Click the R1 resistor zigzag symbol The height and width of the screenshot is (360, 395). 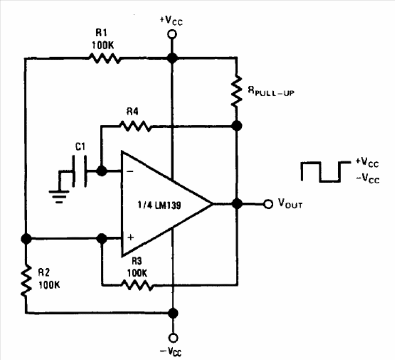[105, 58]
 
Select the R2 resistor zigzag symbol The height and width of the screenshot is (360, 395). [26, 280]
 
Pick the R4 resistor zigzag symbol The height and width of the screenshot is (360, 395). [136, 126]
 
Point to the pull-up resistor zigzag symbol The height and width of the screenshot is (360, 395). [236, 91]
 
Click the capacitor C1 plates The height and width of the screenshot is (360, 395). [80, 171]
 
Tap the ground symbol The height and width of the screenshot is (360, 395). [59, 197]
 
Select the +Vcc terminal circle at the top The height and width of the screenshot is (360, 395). [172, 34]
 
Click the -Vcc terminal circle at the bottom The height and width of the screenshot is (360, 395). [173, 338]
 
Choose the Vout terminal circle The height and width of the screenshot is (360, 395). [268, 204]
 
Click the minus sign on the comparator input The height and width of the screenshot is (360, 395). [130, 171]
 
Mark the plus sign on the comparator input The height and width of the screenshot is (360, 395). [130, 237]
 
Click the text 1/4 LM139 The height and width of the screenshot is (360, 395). [159, 205]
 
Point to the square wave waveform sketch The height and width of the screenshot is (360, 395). [326, 171]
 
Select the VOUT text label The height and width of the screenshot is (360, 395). [290, 203]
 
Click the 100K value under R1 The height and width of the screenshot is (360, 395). [103, 45]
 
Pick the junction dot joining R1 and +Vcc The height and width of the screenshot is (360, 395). [172, 58]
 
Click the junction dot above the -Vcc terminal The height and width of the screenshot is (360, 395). [173, 313]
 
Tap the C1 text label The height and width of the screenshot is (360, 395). [81, 147]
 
